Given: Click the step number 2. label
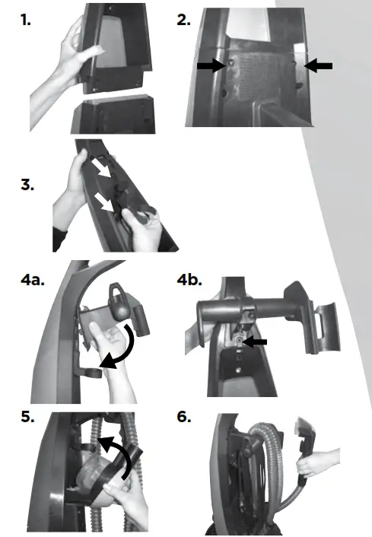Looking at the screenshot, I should click(x=183, y=21).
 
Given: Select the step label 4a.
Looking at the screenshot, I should click(x=33, y=280).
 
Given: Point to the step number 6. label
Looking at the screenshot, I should click(x=183, y=419).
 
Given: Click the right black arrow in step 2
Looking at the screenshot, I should click(x=318, y=67).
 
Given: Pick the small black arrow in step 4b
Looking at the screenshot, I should click(x=256, y=343).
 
